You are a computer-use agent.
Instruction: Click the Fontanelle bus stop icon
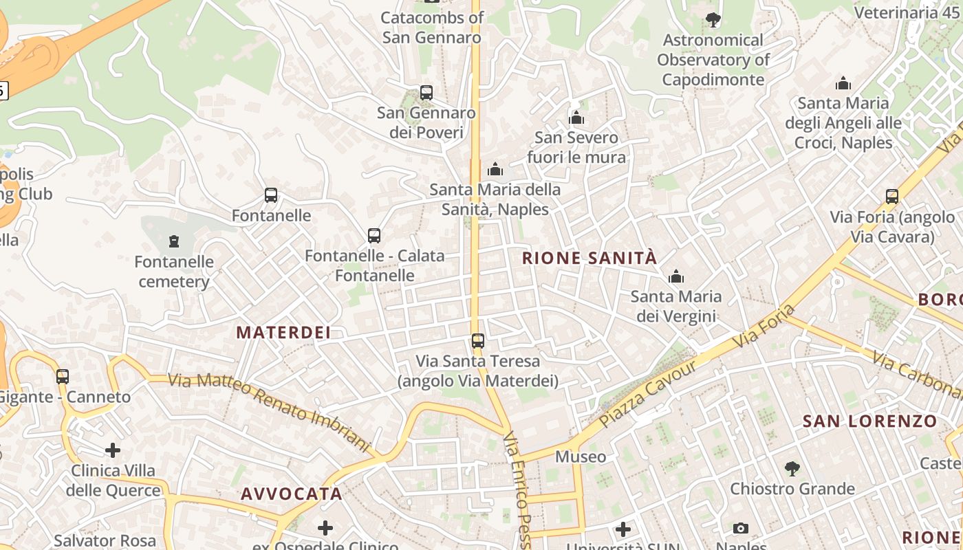pos(271,196)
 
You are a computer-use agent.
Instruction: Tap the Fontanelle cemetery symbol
pos(174,241)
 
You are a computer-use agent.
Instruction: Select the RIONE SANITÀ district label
pos(589,258)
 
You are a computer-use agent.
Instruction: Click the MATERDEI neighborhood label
pos(283,333)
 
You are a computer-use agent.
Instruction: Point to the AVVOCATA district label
pos(292,494)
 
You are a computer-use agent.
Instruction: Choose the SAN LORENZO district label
pos(870,421)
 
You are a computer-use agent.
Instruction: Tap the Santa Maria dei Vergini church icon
pos(676,276)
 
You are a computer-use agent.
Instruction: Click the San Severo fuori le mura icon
pos(576,118)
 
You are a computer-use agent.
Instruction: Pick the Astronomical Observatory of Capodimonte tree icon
pos(713,20)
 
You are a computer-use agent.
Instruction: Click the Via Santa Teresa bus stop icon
pos(477,340)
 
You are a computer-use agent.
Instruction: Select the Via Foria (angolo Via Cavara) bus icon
pos(892,197)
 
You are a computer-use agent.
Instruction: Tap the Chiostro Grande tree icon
pos(792,469)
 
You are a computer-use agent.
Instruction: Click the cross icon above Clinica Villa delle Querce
pos(113,451)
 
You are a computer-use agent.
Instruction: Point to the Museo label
pos(581,456)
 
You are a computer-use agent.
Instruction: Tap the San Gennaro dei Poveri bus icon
pos(426,93)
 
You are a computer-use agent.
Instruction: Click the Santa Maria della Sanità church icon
pos(495,169)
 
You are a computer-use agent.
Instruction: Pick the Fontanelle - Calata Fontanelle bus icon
pos(374,236)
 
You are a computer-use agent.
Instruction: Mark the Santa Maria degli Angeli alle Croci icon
pos(843,84)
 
